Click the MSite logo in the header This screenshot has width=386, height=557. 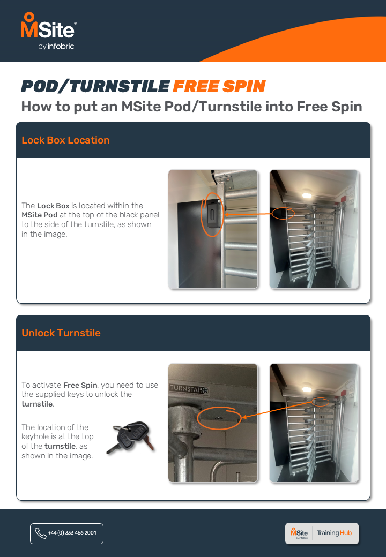48,31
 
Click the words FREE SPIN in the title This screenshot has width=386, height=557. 219,86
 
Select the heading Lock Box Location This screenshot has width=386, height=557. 65,140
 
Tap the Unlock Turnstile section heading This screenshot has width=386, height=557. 61,333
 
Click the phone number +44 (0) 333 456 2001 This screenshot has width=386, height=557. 72,533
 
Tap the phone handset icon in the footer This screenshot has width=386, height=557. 41,533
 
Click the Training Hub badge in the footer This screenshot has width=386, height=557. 322,533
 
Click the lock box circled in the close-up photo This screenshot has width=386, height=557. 212,214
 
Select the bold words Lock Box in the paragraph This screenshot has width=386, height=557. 53,206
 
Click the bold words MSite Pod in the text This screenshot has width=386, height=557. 40,215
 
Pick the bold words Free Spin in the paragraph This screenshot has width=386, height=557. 80,385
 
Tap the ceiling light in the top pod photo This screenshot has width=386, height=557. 306,194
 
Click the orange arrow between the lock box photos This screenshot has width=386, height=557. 248,214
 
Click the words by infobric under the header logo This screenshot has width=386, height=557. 56,46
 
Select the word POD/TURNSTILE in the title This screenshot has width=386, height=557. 95,86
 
